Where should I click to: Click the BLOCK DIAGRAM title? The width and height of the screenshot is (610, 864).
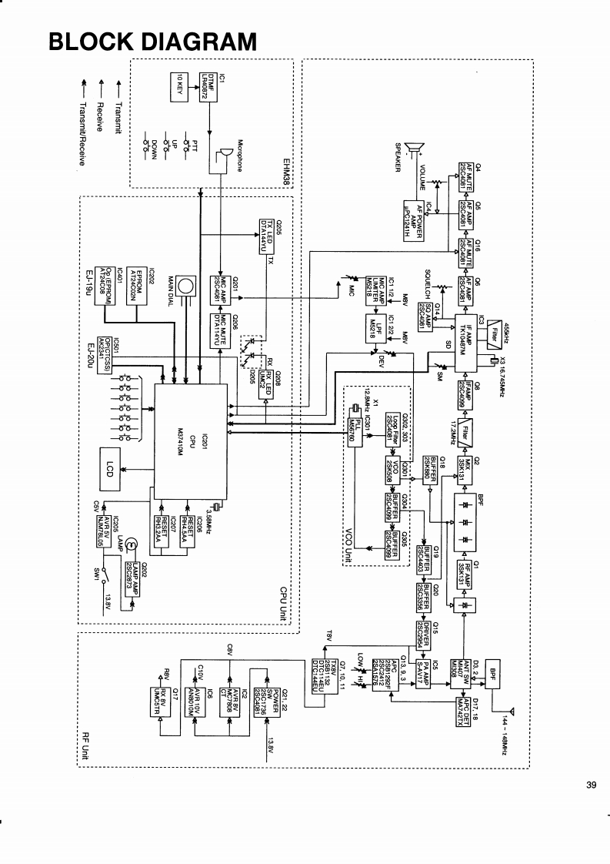click(152, 40)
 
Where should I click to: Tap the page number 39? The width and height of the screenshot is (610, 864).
click(591, 785)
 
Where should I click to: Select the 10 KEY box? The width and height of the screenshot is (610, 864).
click(177, 86)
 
